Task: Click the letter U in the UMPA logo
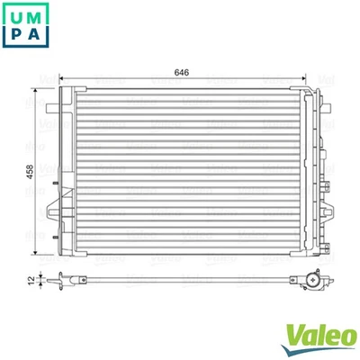coord(17,17)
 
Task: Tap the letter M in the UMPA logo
coord(40,17)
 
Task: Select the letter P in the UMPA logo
coord(17,40)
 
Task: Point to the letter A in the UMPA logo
coord(40,40)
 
